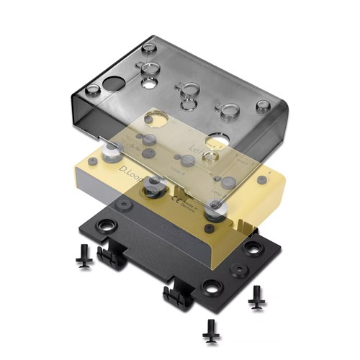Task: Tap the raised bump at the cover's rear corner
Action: tap(149, 48)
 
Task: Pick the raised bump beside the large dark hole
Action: tap(93, 91)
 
